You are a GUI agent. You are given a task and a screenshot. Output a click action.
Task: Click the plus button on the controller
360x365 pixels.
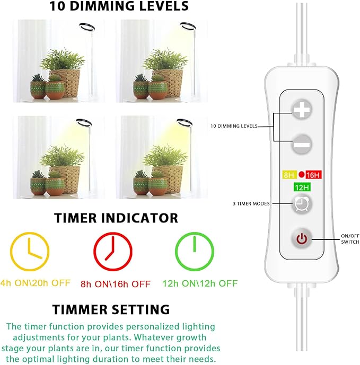[x=301, y=110]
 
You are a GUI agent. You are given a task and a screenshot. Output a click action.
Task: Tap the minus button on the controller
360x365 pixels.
[x=301, y=144]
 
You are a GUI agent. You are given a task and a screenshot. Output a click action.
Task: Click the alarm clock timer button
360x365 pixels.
[x=301, y=204]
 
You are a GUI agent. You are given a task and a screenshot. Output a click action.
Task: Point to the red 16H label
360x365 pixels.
[x=313, y=174]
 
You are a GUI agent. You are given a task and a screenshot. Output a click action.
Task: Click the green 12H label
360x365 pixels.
[x=302, y=187]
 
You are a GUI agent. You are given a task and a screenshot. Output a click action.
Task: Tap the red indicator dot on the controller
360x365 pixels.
[x=301, y=174]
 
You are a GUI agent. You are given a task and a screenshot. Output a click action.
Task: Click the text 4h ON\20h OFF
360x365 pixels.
[x=35, y=283]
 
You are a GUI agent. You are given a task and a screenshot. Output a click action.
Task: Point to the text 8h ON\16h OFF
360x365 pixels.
[x=116, y=284]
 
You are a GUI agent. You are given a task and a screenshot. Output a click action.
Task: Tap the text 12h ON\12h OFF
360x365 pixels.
[x=200, y=283]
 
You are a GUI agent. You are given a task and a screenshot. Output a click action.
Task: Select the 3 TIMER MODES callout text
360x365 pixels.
[x=251, y=203]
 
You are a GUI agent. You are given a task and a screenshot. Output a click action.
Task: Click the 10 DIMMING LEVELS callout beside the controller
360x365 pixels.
[x=234, y=126]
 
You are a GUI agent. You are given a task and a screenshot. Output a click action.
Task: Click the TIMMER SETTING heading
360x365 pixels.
[x=111, y=309]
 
